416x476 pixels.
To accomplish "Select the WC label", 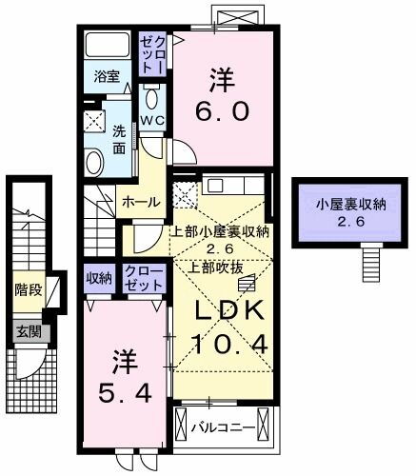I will (152, 119).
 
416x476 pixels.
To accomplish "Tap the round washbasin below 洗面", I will (95, 162).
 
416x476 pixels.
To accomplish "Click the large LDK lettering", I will (222, 311).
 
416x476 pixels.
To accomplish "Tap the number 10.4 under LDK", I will (222, 344).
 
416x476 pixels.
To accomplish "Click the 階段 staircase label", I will (28, 288).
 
